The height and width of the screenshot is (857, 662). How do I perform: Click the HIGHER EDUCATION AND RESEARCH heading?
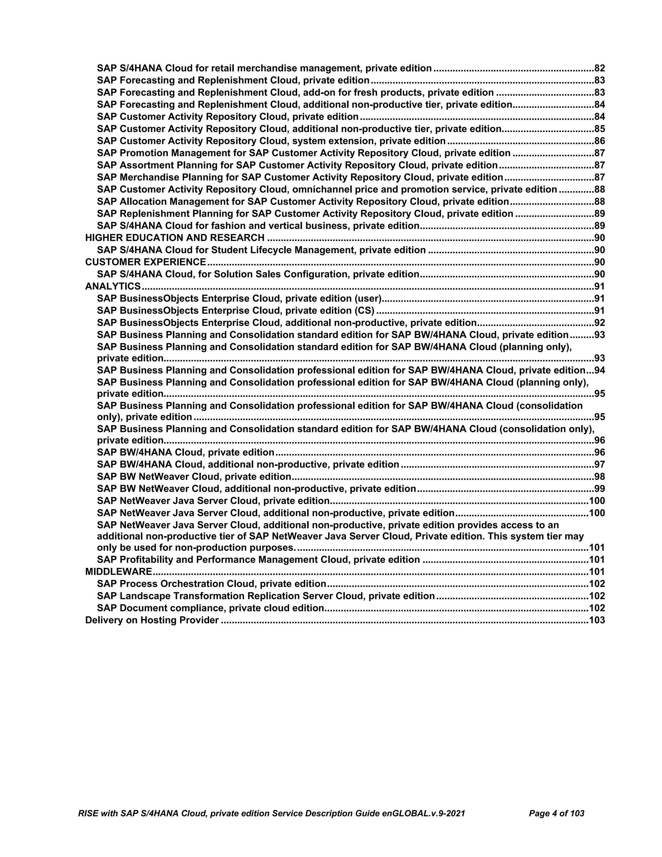pyautogui.click(x=175, y=238)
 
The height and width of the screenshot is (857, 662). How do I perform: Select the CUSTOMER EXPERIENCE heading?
pyautogui.click(x=145, y=262)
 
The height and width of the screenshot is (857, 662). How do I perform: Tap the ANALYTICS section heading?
pyautogui.click(x=113, y=287)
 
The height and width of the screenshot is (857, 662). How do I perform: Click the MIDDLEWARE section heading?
pyautogui.click(x=118, y=572)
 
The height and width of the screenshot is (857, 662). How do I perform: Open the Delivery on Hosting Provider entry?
pyautogui.click(x=152, y=620)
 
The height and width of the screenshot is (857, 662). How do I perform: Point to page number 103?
pyautogui.click(x=597, y=620)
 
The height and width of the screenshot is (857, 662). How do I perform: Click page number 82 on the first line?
pyautogui.click(x=600, y=68)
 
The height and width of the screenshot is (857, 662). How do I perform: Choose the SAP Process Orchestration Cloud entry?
pyautogui.click(x=212, y=584)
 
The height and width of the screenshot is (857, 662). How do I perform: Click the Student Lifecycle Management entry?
pyautogui.click(x=261, y=250)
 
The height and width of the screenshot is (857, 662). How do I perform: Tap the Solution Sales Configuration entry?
pyautogui.click(x=258, y=274)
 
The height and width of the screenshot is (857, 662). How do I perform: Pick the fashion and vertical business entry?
pyautogui.click(x=258, y=226)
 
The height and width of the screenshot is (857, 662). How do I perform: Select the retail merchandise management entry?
pyautogui.click(x=264, y=68)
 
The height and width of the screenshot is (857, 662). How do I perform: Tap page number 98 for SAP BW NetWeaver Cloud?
pyautogui.click(x=600, y=477)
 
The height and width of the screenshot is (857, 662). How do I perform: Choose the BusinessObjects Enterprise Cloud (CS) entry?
pyautogui.click(x=236, y=311)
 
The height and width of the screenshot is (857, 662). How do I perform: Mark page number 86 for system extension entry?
pyautogui.click(x=600, y=141)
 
